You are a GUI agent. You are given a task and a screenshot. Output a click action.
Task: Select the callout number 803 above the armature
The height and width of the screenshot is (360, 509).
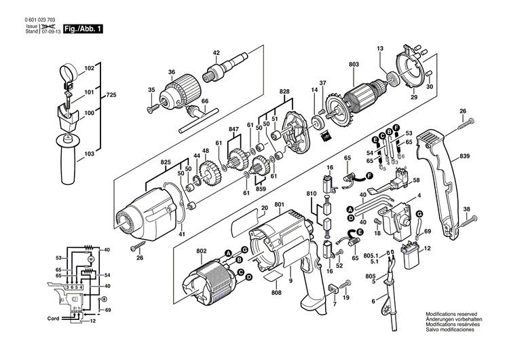354,65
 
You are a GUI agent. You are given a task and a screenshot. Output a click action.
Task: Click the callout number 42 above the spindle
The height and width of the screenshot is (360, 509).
216,53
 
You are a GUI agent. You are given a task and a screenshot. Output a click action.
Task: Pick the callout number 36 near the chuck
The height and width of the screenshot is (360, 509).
172,73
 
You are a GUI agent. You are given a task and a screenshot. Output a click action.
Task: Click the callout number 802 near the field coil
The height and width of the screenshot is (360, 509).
201,251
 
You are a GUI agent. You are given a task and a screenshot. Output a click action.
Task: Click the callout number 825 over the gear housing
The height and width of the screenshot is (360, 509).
164,164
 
